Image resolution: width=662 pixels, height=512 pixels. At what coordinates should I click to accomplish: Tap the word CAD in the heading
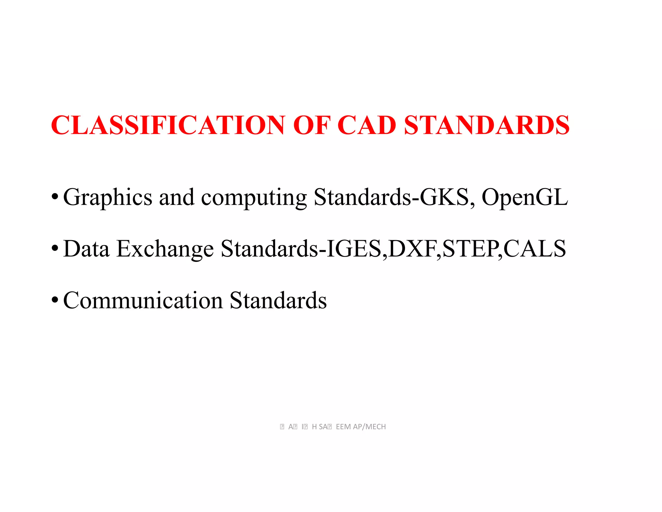click(x=367, y=125)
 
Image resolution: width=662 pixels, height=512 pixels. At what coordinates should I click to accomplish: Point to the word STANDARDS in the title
click(x=486, y=125)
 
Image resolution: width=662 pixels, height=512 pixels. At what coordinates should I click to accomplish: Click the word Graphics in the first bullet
click(x=108, y=197)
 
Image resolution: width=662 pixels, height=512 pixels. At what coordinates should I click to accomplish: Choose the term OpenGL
click(x=524, y=197)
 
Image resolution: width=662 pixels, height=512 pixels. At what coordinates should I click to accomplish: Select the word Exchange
click(x=165, y=249)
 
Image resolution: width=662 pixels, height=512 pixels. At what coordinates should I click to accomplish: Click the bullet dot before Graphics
click(x=55, y=197)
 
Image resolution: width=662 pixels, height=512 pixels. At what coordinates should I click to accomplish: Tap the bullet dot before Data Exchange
click(x=55, y=248)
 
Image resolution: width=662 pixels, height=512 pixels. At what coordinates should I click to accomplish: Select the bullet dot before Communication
click(x=55, y=300)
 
